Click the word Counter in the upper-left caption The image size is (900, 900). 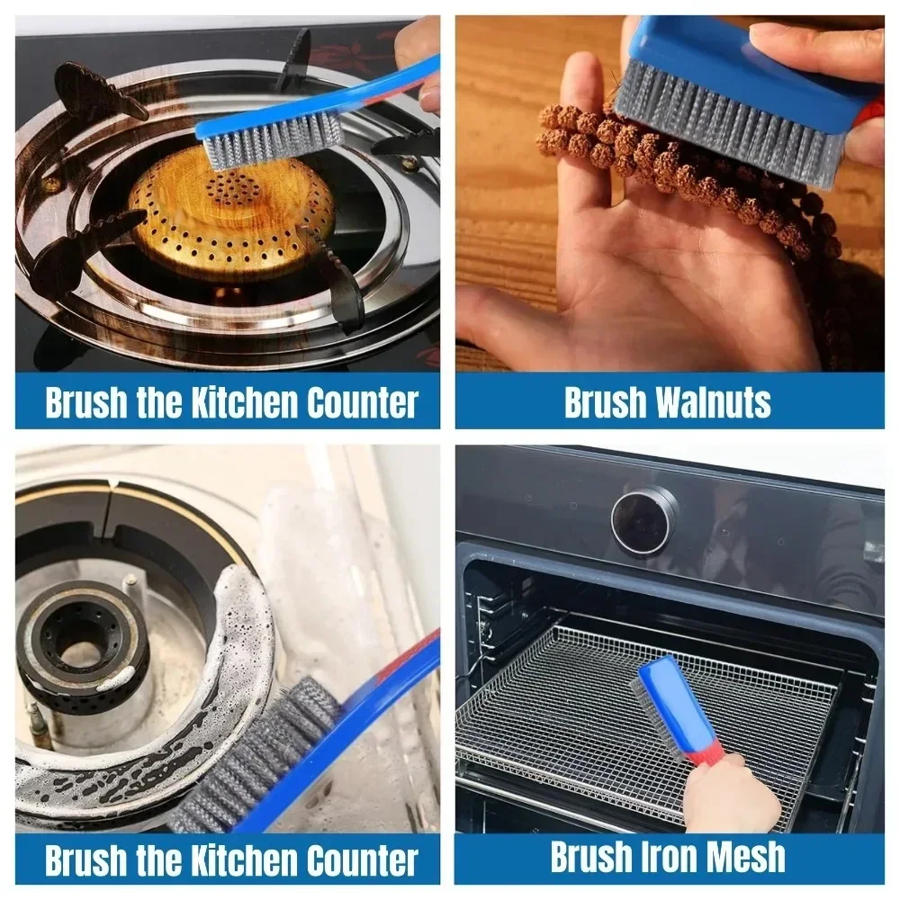(362, 403)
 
